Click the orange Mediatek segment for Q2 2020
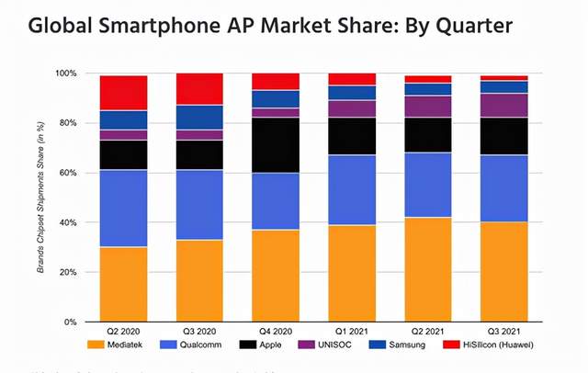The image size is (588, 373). tap(123, 285)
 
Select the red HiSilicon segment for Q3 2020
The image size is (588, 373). tap(199, 89)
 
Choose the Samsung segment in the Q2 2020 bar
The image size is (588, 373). tap(123, 119)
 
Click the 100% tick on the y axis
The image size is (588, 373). tap(66, 73)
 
